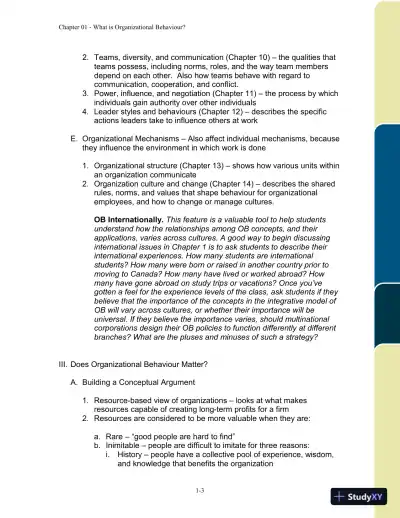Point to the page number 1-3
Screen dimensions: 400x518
pos(200,489)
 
